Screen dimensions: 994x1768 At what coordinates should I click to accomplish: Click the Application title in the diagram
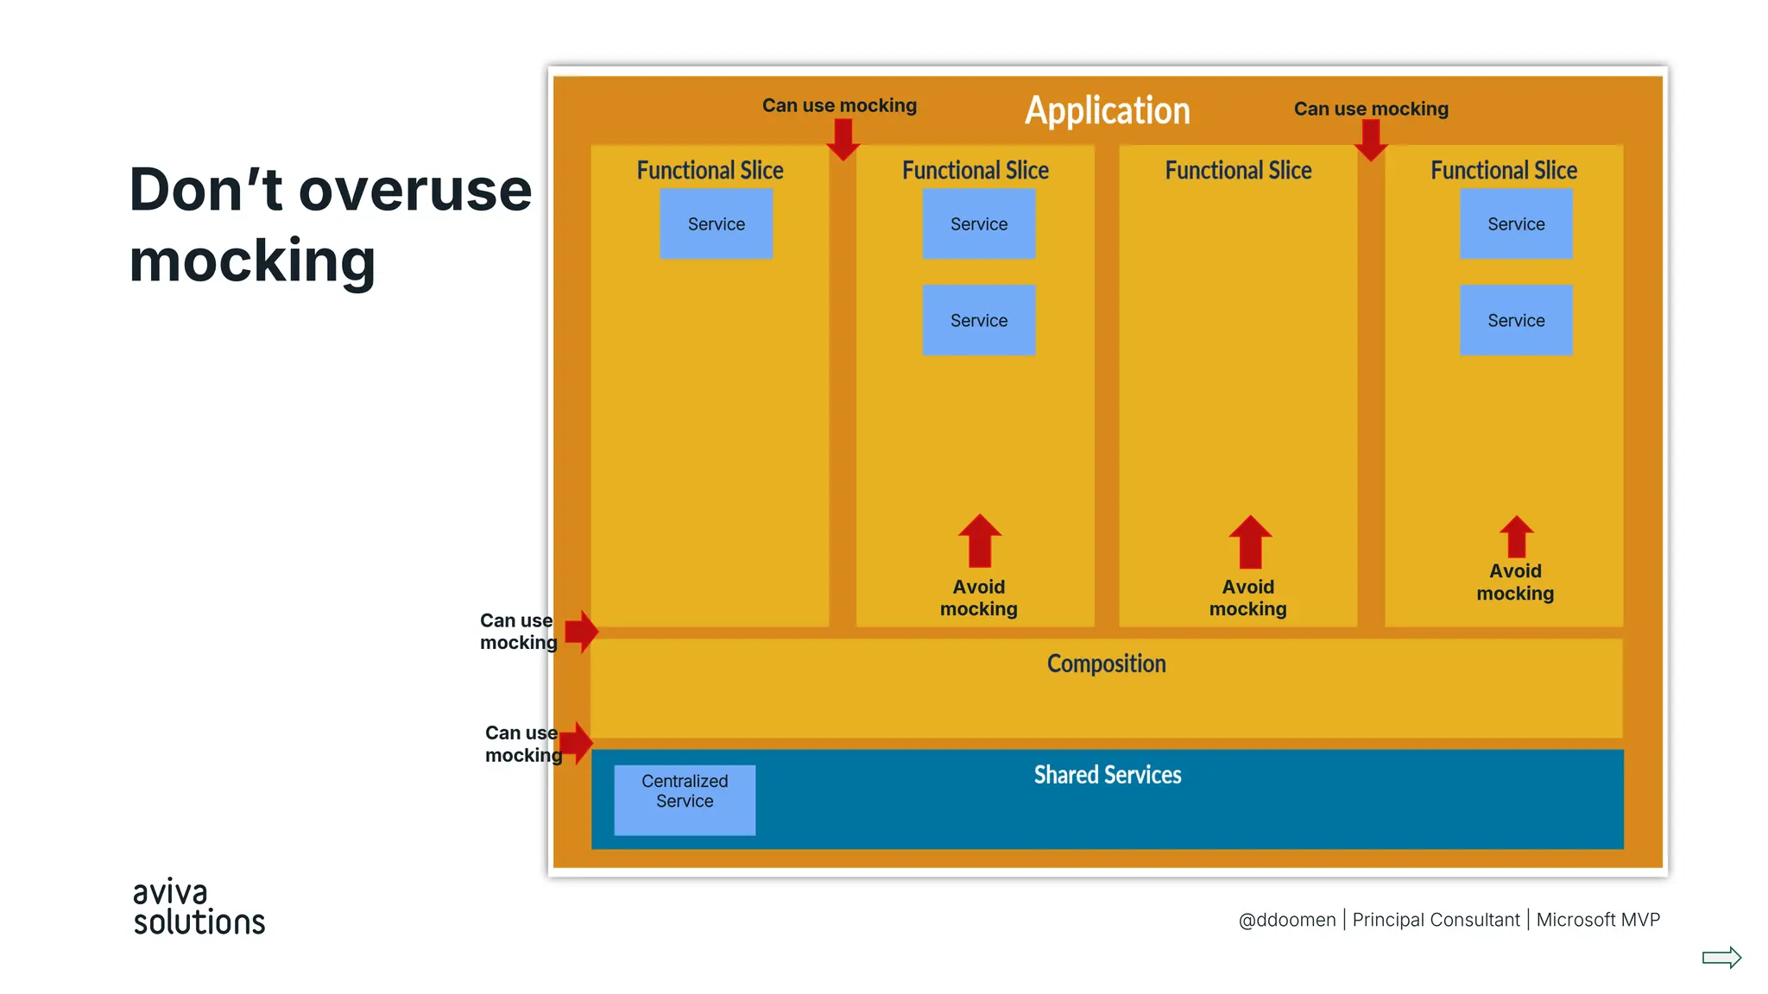(x=1107, y=110)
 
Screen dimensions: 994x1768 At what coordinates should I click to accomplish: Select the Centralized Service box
(x=685, y=800)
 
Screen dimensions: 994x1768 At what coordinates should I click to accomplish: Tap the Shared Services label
(x=1108, y=775)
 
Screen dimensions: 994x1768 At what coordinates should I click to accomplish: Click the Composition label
(x=1106, y=664)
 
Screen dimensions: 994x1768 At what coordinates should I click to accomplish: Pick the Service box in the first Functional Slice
(x=716, y=224)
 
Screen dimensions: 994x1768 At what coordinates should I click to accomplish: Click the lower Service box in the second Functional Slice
(x=978, y=320)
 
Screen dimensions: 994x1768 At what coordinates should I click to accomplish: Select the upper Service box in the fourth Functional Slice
(x=1516, y=224)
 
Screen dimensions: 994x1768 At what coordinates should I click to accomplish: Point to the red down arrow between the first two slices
(x=843, y=140)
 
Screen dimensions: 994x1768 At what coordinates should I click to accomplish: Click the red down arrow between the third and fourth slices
(x=1371, y=140)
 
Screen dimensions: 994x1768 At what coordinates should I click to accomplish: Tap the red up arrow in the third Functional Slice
(x=1250, y=542)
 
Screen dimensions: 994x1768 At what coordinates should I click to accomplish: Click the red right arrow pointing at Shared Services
(x=577, y=743)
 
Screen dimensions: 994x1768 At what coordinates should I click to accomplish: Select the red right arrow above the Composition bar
(x=582, y=632)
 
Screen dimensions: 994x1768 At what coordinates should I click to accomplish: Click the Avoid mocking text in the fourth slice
(x=1515, y=582)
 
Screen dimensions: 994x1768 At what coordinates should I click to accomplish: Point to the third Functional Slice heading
(x=1238, y=171)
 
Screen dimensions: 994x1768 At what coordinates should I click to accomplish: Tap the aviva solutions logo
(x=199, y=908)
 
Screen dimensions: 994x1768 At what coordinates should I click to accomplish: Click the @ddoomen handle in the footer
(x=1286, y=920)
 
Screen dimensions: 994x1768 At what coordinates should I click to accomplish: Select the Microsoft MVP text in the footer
(x=1598, y=920)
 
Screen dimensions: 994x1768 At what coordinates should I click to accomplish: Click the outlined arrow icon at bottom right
(x=1721, y=958)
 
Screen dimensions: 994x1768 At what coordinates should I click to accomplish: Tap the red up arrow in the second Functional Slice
(x=980, y=541)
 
